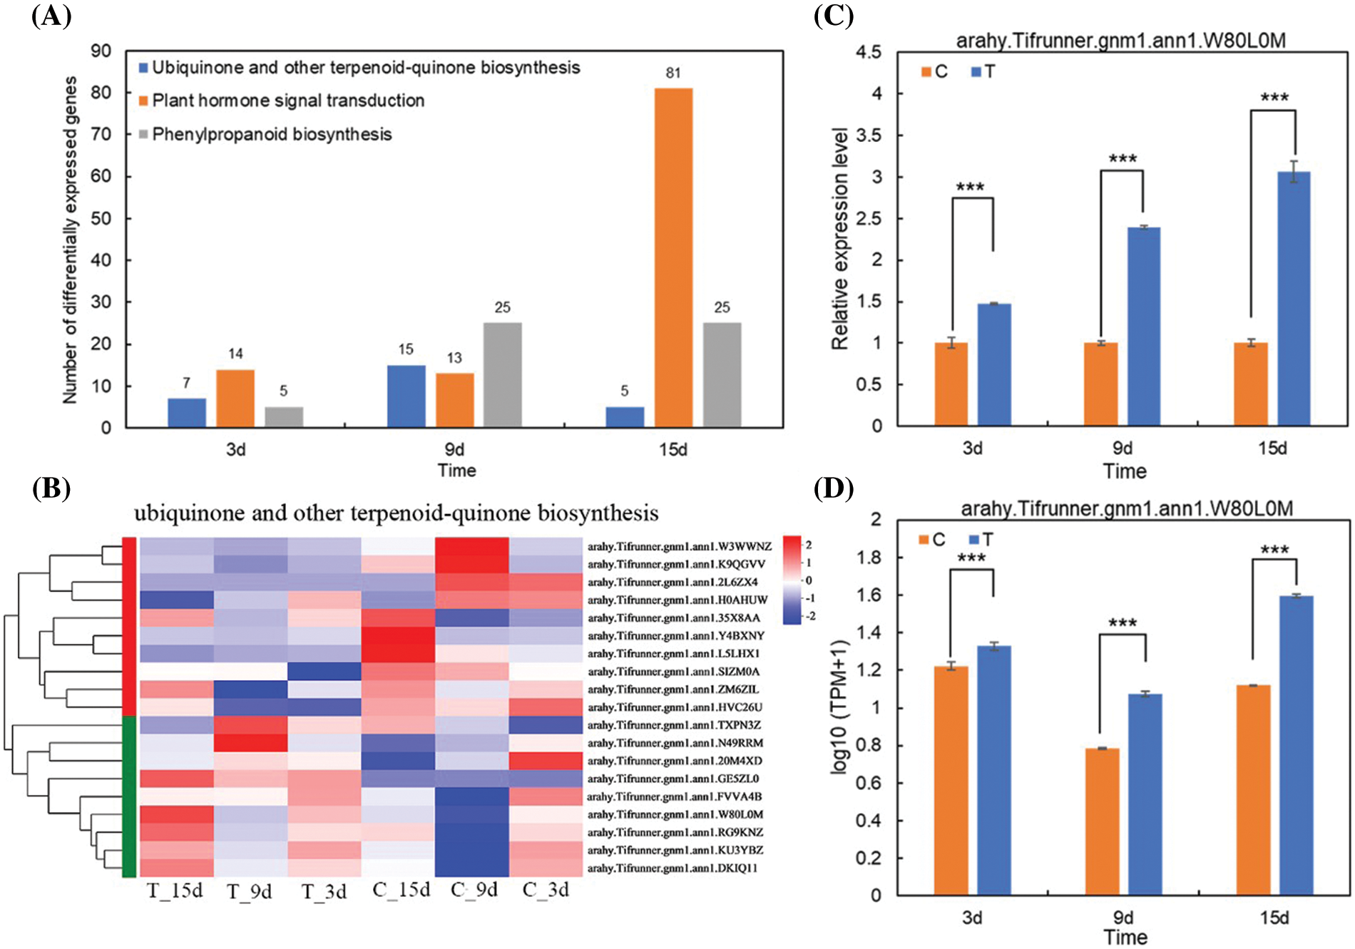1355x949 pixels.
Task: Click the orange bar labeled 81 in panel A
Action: [673, 257]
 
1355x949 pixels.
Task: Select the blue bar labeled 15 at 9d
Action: [406, 396]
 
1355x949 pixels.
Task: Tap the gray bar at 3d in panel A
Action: [284, 416]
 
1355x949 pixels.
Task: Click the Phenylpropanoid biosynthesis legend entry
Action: [272, 134]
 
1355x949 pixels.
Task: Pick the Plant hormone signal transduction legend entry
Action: [288, 101]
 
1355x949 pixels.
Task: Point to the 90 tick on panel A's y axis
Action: [101, 51]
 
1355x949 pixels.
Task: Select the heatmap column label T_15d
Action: [175, 891]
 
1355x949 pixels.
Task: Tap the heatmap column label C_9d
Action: [474, 890]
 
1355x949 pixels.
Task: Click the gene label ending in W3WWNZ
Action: [679, 547]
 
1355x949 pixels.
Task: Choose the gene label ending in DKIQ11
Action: [673, 868]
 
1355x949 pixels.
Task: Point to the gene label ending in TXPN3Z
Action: [674, 725]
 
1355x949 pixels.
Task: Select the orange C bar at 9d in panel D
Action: [1102, 821]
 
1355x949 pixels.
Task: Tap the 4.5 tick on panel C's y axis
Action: [868, 52]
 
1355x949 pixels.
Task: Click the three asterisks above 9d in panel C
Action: [1123, 159]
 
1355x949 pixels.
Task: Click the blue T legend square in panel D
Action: [975, 540]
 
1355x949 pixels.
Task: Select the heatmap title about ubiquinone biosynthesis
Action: [397, 513]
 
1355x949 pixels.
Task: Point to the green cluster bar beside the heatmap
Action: [129, 796]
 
